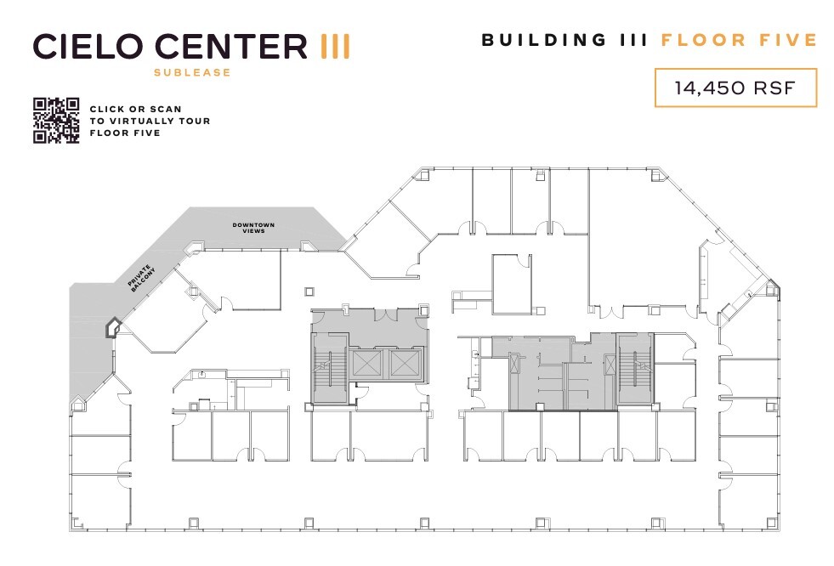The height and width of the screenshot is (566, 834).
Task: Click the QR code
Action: point(56,121)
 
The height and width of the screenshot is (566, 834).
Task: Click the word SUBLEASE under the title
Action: point(192,72)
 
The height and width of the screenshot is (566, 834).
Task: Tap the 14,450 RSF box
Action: point(735,88)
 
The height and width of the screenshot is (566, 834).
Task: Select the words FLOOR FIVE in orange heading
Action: point(739,40)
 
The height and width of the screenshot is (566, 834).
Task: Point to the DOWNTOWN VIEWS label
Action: point(254,228)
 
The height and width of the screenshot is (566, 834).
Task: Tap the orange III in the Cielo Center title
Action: point(334,45)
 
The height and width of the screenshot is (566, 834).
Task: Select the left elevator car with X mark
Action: point(367,365)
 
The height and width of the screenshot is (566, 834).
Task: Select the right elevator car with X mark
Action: point(406,365)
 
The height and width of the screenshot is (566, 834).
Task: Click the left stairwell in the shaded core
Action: point(328,368)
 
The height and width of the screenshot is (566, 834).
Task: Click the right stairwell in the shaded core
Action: point(634,368)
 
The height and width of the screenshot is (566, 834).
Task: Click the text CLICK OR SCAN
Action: point(135,110)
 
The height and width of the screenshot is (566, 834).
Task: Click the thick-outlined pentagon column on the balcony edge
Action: point(111,328)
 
